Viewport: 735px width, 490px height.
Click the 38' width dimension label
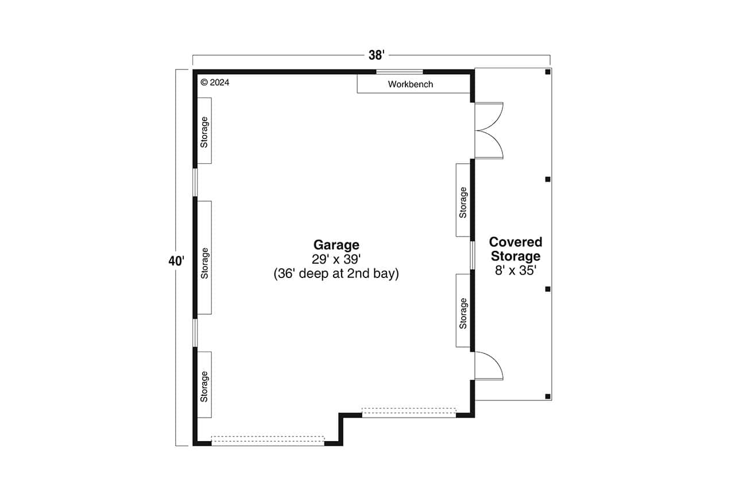pyautogui.click(x=376, y=55)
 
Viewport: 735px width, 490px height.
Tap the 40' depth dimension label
pyautogui.click(x=176, y=261)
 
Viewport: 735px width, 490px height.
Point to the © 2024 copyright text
pyautogui.click(x=215, y=82)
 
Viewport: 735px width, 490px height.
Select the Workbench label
pyautogui.click(x=410, y=84)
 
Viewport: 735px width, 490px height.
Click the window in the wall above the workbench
pyautogui.click(x=400, y=72)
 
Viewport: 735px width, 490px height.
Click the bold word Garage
pyautogui.click(x=336, y=244)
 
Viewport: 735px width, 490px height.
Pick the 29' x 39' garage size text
pyautogui.click(x=336, y=259)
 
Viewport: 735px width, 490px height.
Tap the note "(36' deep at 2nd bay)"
pyautogui.click(x=336, y=274)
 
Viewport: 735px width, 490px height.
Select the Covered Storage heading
pyautogui.click(x=515, y=249)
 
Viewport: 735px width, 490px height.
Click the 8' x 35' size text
pyautogui.click(x=515, y=270)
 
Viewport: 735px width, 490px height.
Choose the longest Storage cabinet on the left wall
pyautogui.click(x=204, y=257)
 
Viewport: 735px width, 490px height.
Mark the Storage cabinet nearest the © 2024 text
pyautogui.click(x=204, y=130)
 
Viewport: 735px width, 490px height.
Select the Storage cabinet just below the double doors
pyautogui.click(x=463, y=200)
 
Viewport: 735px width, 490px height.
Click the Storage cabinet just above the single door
pyautogui.click(x=463, y=310)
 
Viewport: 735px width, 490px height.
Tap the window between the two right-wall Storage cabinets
pyautogui.click(x=472, y=255)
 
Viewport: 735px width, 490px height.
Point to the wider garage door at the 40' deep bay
pyautogui.click(x=268, y=441)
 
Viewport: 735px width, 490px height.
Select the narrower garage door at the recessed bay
pyautogui.click(x=409, y=412)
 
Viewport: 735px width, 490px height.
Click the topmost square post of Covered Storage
pyautogui.click(x=548, y=72)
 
